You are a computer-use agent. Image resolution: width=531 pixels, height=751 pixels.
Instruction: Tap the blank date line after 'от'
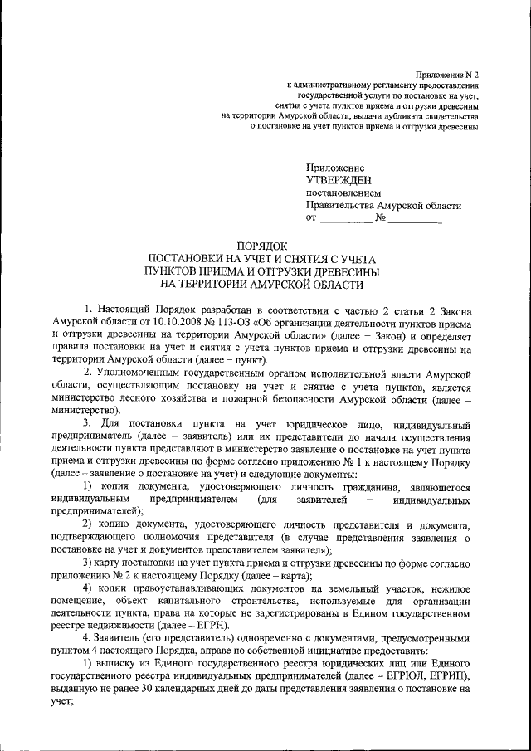[345, 218]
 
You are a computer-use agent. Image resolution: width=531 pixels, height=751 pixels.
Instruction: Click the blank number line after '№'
[415, 218]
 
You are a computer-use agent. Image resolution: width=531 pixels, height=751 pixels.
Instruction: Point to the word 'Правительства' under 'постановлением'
[338, 206]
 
